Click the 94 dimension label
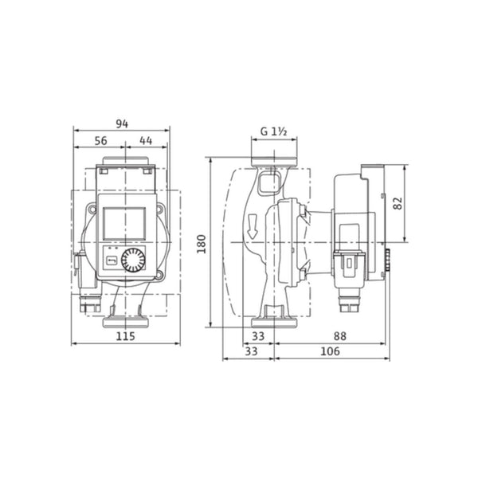(121, 123)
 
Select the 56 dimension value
(100, 140)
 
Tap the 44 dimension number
(146, 140)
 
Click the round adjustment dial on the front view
(135, 261)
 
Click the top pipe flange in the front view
(125, 170)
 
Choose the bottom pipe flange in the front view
(125, 323)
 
